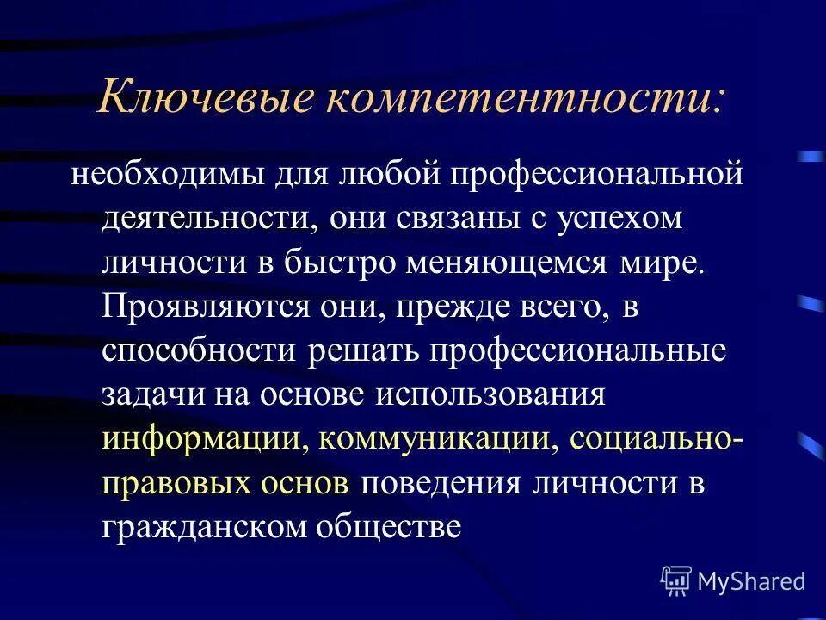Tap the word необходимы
coord(170,174)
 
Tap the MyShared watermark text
coord(752,581)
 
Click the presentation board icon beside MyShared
coord(676,581)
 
